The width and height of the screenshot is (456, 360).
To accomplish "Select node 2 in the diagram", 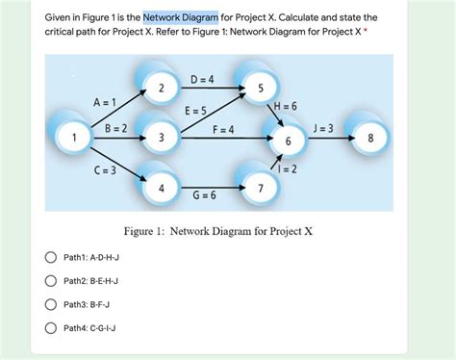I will [x=162, y=90].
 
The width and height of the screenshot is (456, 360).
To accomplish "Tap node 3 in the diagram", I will [x=162, y=139].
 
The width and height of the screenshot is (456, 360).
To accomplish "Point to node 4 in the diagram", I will [x=162, y=188].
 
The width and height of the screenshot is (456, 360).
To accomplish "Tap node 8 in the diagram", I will [x=370, y=139].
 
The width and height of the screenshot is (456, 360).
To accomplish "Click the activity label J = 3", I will [x=323, y=128].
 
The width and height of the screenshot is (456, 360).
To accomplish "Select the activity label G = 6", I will [x=204, y=195].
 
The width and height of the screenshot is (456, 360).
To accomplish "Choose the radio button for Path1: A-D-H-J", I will [x=49, y=258].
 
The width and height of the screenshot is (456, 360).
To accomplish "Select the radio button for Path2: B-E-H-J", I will [x=49, y=281].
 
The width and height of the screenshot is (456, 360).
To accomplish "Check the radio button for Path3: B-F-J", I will [x=49, y=304].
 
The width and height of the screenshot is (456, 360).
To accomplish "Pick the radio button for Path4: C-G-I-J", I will [x=49, y=327].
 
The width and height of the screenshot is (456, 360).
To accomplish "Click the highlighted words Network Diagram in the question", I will [x=181, y=16].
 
